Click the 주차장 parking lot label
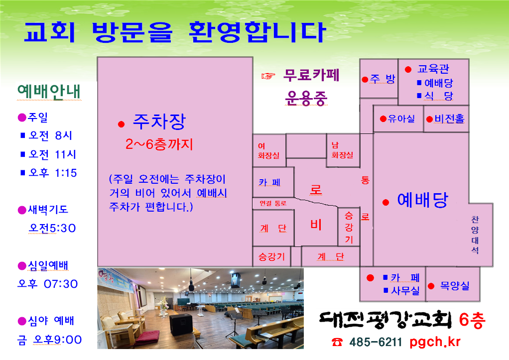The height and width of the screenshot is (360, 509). pos(159,121)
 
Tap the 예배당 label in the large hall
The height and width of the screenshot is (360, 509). pos(423,200)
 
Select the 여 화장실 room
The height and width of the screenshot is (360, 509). pos(269,150)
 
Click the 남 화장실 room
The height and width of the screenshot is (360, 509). pos(342,150)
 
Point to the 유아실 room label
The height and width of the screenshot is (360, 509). pos(401,119)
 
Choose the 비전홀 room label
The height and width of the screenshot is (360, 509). pos(450,119)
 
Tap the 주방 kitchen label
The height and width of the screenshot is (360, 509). pos(382,79)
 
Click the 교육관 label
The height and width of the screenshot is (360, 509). pos(433,69)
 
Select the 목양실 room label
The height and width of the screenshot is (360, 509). pos(454,286)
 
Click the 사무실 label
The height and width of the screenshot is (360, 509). pos(405,290)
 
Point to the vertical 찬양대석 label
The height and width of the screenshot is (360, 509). pos(475,235)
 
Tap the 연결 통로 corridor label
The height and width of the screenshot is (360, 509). pos(273,203)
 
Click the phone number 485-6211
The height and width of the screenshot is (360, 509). pos(376,342)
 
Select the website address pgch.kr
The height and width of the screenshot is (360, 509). pos(435,342)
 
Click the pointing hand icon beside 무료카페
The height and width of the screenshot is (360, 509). pos(268,76)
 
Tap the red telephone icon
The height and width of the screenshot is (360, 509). pos(337,342)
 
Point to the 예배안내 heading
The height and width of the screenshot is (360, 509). pos(49,92)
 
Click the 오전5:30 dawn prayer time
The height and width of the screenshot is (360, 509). pos(52,228)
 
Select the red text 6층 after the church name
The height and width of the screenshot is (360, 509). pos(472,320)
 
